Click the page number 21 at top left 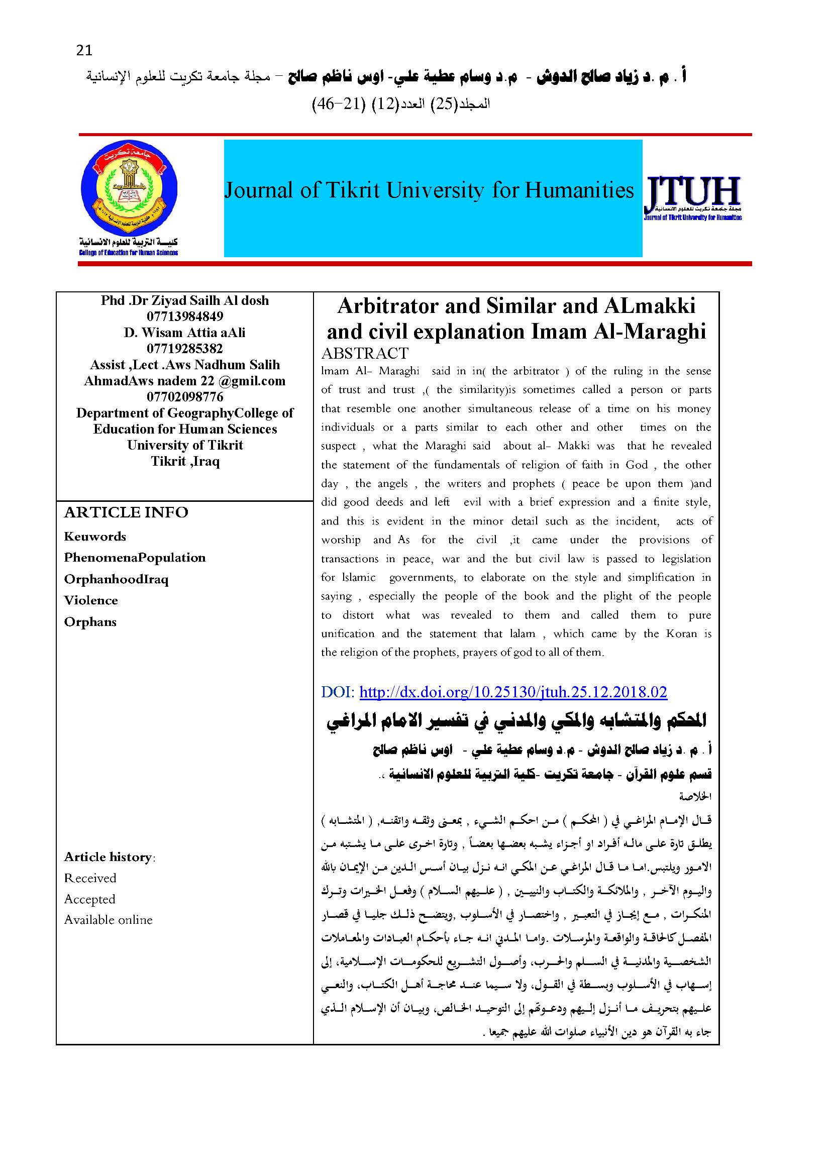(x=84, y=50)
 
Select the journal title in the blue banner (x=429, y=190)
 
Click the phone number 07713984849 (x=185, y=316)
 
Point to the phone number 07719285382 (x=185, y=349)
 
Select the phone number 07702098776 (x=185, y=397)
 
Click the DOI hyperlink (x=513, y=692)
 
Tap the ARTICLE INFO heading (x=126, y=512)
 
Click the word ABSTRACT (x=365, y=353)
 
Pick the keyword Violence (x=90, y=600)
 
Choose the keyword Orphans (x=90, y=622)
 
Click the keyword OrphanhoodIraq (x=116, y=579)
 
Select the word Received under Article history (x=90, y=878)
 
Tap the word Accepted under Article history (x=89, y=899)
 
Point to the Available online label (x=109, y=920)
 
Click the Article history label (x=109, y=857)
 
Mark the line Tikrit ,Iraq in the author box (x=185, y=461)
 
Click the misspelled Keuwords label (x=94, y=537)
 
